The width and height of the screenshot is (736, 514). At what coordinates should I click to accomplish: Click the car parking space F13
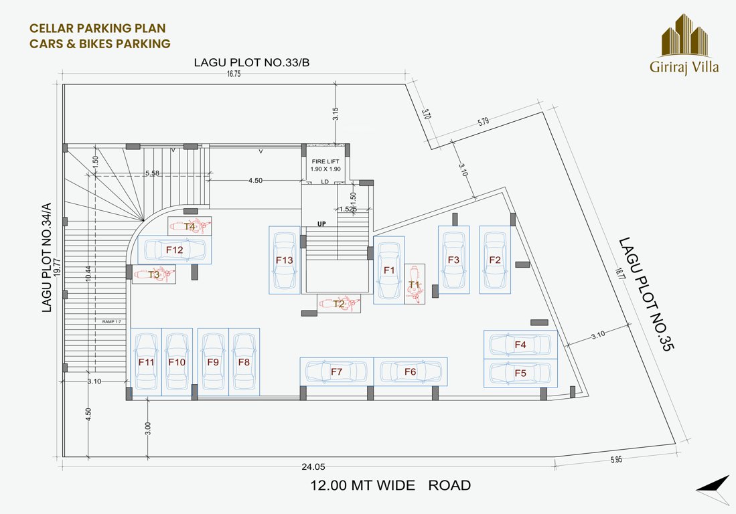[284, 260]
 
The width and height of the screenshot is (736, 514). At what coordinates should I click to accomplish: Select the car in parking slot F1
[388, 270]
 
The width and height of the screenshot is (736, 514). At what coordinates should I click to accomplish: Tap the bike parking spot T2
[339, 304]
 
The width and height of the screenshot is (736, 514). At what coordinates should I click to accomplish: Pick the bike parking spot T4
[190, 226]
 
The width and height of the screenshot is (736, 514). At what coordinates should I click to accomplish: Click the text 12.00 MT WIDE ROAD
[390, 485]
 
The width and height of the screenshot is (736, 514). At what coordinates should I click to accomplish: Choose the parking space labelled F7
[336, 371]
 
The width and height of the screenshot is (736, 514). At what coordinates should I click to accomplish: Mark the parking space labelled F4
[520, 345]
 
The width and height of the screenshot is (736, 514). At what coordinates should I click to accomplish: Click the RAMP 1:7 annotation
[111, 322]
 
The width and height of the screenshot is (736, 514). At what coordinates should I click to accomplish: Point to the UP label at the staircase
[321, 224]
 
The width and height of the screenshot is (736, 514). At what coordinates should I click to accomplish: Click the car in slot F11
[146, 362]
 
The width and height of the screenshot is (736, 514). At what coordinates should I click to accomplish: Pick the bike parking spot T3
[154, 274]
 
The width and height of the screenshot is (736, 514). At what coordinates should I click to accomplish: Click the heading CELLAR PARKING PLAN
[97, 28]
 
